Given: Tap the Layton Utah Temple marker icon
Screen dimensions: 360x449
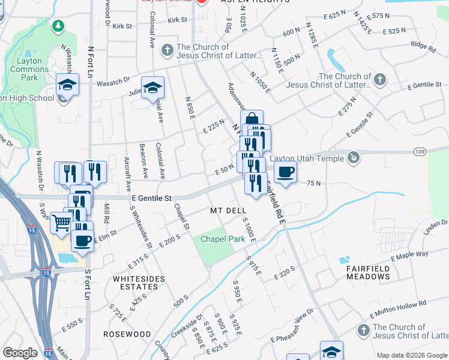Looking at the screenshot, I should tap(354, 158).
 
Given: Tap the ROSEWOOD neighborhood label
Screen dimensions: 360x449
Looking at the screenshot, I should tap(127, 334).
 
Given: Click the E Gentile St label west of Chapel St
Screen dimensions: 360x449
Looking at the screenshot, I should tap(152, 197).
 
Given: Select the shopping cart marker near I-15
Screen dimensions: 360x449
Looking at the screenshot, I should tap(62, 223).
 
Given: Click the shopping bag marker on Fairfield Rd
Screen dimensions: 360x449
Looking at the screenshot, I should tap(252, 120).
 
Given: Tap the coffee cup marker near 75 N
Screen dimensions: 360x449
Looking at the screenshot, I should tap(286, 172).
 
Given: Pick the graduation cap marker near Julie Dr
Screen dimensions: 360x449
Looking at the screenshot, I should tap(153, 88).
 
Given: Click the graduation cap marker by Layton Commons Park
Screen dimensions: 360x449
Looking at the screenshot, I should tap(67, 85).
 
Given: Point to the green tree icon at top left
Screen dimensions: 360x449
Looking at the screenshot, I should tap(58, 26).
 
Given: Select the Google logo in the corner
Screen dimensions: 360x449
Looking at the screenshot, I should tap(20, 353).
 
